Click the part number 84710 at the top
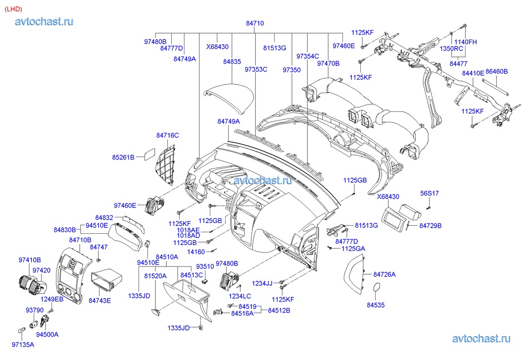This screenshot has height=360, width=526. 255,23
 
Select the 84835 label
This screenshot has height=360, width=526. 232,62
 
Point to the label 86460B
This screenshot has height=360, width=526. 496,72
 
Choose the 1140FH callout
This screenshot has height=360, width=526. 465,42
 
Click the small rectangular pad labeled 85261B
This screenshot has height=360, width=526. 147,154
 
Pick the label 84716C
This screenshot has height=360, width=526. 167,135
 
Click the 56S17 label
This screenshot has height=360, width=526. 430,193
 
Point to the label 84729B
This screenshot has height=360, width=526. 430,226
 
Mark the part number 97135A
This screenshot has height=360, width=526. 23,344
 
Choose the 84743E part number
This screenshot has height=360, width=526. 100,300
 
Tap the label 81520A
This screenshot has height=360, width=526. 155,275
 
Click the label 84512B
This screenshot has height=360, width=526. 279,310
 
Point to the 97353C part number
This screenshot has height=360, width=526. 256,69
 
